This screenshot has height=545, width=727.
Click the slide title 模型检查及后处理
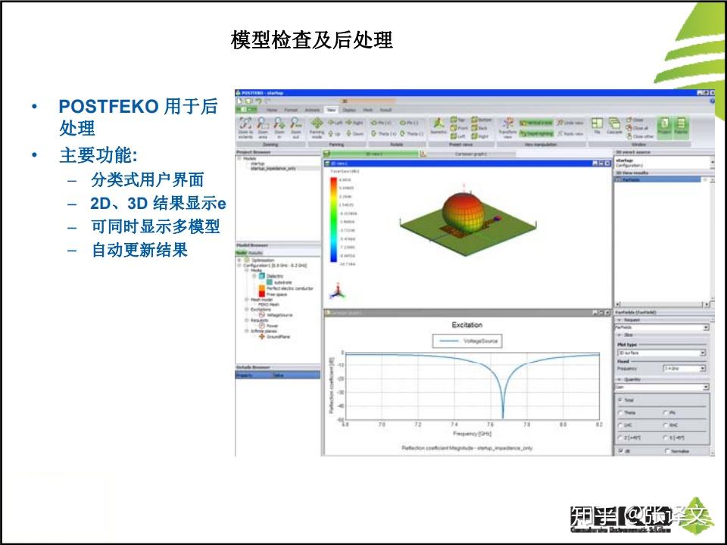(x=311, y=40)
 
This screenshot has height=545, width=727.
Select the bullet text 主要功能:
(x=98, y=156)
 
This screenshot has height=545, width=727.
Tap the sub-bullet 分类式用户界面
(x=147, y=180)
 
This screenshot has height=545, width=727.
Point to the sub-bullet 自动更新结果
(x=139, y=250)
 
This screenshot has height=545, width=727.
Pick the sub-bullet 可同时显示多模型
(x=155, y=226)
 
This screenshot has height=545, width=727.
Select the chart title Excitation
(x=466, y=325)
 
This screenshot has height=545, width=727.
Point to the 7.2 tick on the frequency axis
(x=417, y=425)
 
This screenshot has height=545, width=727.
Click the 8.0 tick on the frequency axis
(x=563, y=425)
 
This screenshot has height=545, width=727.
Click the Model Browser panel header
(x=252, y=245)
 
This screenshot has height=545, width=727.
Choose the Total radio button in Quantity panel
(x=620, y=399)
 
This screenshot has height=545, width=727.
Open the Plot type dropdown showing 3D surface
(x=661, y=353)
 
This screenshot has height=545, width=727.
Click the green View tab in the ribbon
(x=331, y=110)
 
